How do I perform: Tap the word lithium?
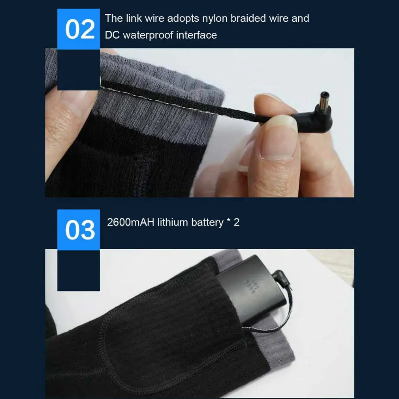tap(173, 222)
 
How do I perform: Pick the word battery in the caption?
tap(207, 222)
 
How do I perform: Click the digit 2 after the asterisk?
tap(237, 222)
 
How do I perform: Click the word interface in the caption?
tap(198, 35)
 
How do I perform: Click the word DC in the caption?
tap(112, 35)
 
